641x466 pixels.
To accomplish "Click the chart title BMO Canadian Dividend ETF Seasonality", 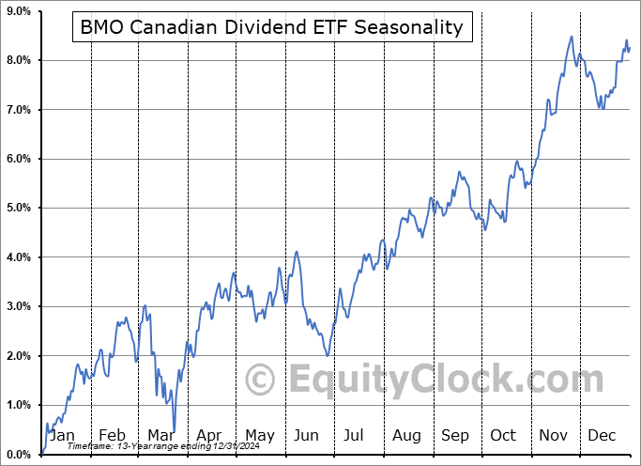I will (271, 27).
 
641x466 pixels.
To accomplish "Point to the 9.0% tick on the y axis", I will (19, 11).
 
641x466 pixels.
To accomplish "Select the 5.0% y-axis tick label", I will (19, 208).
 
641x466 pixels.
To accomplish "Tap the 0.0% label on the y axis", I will (19, 454).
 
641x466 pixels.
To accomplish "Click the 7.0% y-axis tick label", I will (19, 110).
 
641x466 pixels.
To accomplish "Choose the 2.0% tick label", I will (19, 355).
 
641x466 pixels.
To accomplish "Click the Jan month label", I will (62, 436).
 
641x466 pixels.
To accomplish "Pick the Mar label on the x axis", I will (160, 436).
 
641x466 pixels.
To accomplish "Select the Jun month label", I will (307, 436).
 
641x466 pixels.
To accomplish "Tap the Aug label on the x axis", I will (406, 436).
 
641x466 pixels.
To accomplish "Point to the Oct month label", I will (504, 436).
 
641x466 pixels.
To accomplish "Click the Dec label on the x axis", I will (602, 436).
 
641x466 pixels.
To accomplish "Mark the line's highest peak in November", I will (572, 37).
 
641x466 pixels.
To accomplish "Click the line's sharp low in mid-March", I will (173, 430).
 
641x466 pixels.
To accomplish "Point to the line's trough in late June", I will (327, 355).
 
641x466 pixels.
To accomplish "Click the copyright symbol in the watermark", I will (260, 380).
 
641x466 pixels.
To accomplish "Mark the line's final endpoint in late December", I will (629, 48).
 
